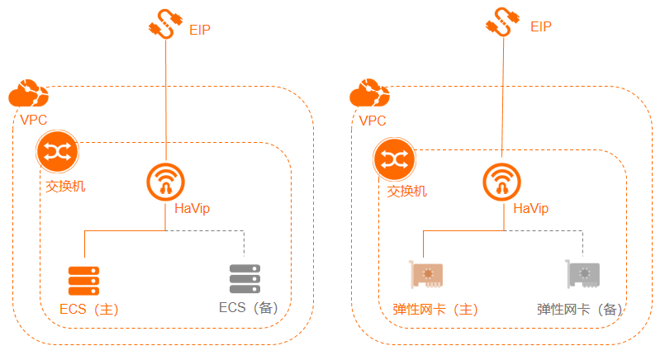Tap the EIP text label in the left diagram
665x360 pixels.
coord(201,31)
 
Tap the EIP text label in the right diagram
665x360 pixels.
coord(541,26)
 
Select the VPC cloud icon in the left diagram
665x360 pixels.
coord(29,95)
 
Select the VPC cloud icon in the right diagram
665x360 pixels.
coord(369,95)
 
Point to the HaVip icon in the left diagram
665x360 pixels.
coord(166,181)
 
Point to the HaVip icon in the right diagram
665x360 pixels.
coord(503,181)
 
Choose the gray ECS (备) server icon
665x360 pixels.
coord(245,279)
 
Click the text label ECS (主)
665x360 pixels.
coord(90,310)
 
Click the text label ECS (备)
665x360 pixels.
coord(249,308)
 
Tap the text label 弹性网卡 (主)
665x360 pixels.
coord(435,310)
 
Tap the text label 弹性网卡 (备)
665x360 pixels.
coord(579,310)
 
